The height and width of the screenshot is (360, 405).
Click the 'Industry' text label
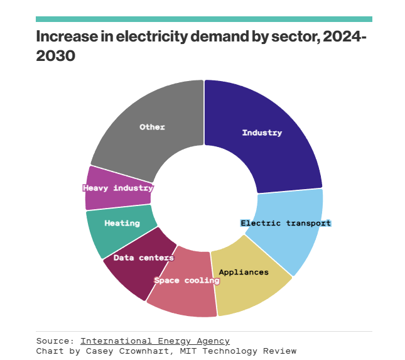click(262, 133)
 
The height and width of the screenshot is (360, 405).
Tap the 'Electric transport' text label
click(286, 223)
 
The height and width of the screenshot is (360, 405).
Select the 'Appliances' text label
click(244, 272)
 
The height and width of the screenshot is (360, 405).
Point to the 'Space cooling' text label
click(187, 280)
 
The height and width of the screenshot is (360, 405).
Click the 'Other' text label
click(152, 127)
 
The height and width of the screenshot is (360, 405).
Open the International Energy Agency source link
click(154, 341)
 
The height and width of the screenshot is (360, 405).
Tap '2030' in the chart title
click(56, 56)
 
